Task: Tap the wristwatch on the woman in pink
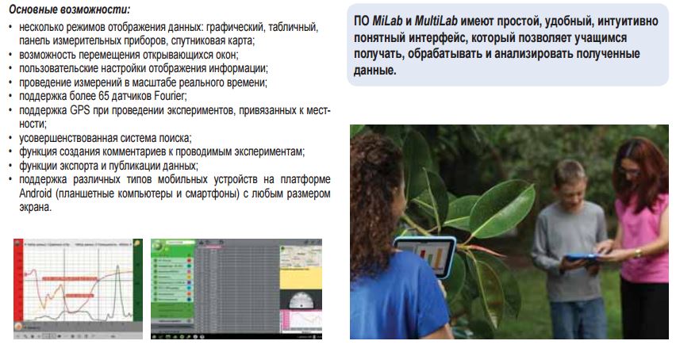tap(637, 253)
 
